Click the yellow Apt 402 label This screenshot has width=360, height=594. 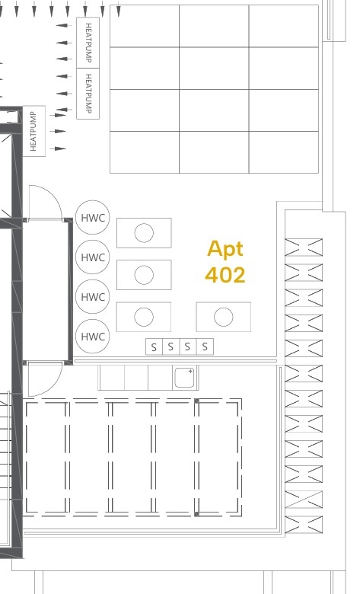[x=225, y=261]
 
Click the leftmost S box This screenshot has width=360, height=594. [x=154, y=346]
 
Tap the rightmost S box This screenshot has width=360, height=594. [x=205, y=346]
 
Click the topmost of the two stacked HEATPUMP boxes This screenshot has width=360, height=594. [x=88, y=43]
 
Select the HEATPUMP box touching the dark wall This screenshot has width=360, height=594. [x=34, y=131]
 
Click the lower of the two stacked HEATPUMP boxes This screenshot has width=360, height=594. [x=88, y=94]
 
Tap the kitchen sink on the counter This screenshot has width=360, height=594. [x=184, y=377]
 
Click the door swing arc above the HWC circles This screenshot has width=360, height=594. [x=53, y=194]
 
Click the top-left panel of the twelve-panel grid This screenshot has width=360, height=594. [x=145, y=26]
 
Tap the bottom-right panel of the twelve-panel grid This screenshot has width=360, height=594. [x=284, y=152]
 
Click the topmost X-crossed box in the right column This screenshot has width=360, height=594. [x=304, y=247]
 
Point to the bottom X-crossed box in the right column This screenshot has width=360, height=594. [x=304, y=524]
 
